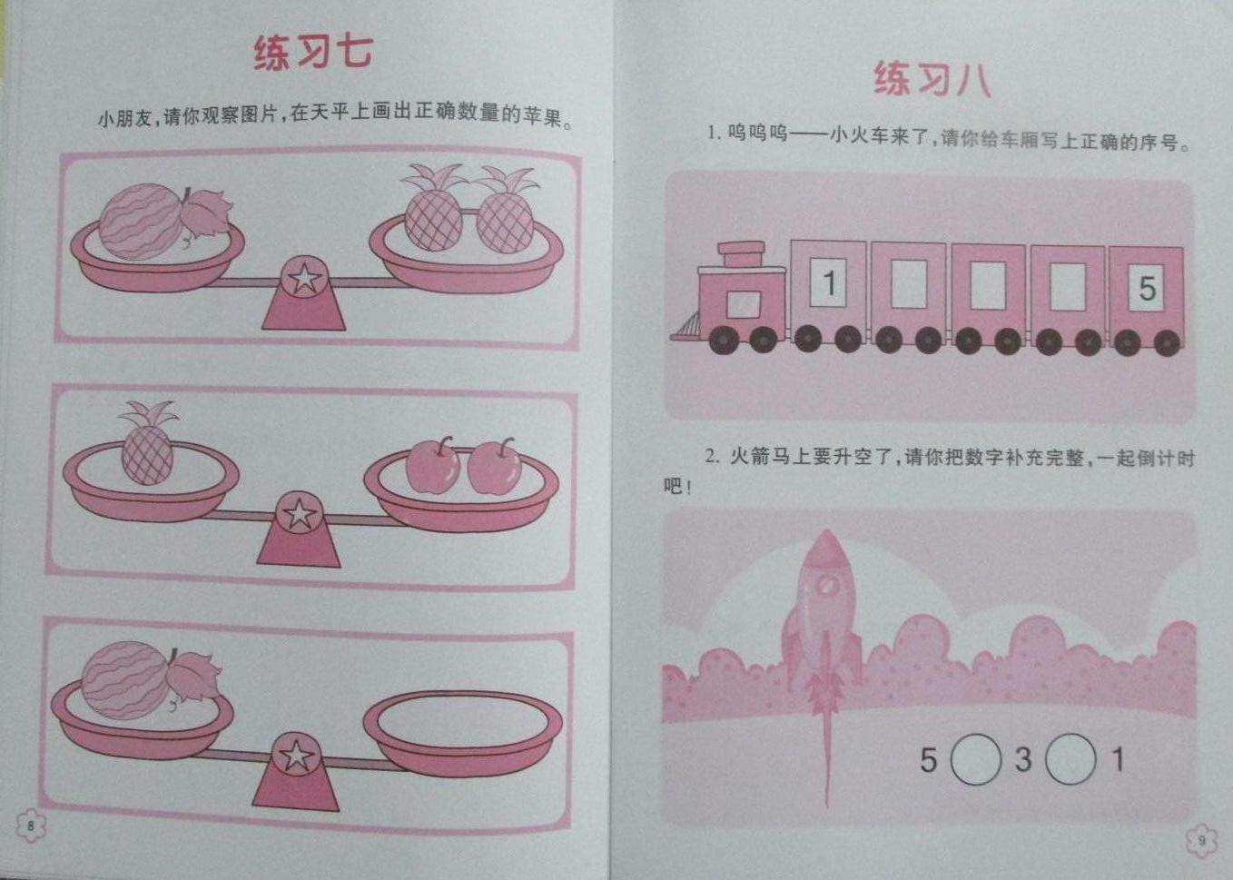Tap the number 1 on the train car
coord(828,282)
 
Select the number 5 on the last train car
coord(1147,288)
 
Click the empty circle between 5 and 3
coord(975,760)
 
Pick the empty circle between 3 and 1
coord(1070,759)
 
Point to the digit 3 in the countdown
coord(1022,759)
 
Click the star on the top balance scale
coord(304,278)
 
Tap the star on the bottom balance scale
coord(296,756)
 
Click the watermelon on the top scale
coord(141,222)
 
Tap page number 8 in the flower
coord(31,826)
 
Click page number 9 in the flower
coord(1201,840)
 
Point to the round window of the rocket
coord(825,587)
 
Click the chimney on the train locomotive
coord(741,254)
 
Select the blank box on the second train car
coord(908,283)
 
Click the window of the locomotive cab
coord(743,304)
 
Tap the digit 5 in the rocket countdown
coord(929,760)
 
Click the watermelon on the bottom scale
coord(125,680)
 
